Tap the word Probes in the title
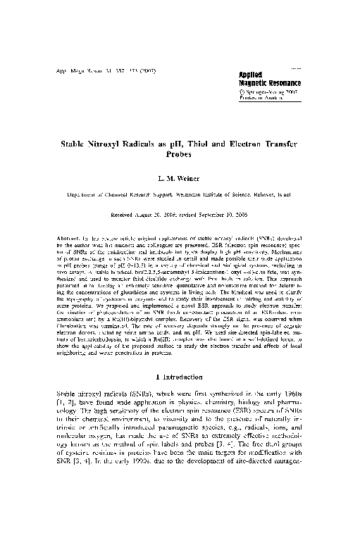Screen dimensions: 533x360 click(x=179, y=156)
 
